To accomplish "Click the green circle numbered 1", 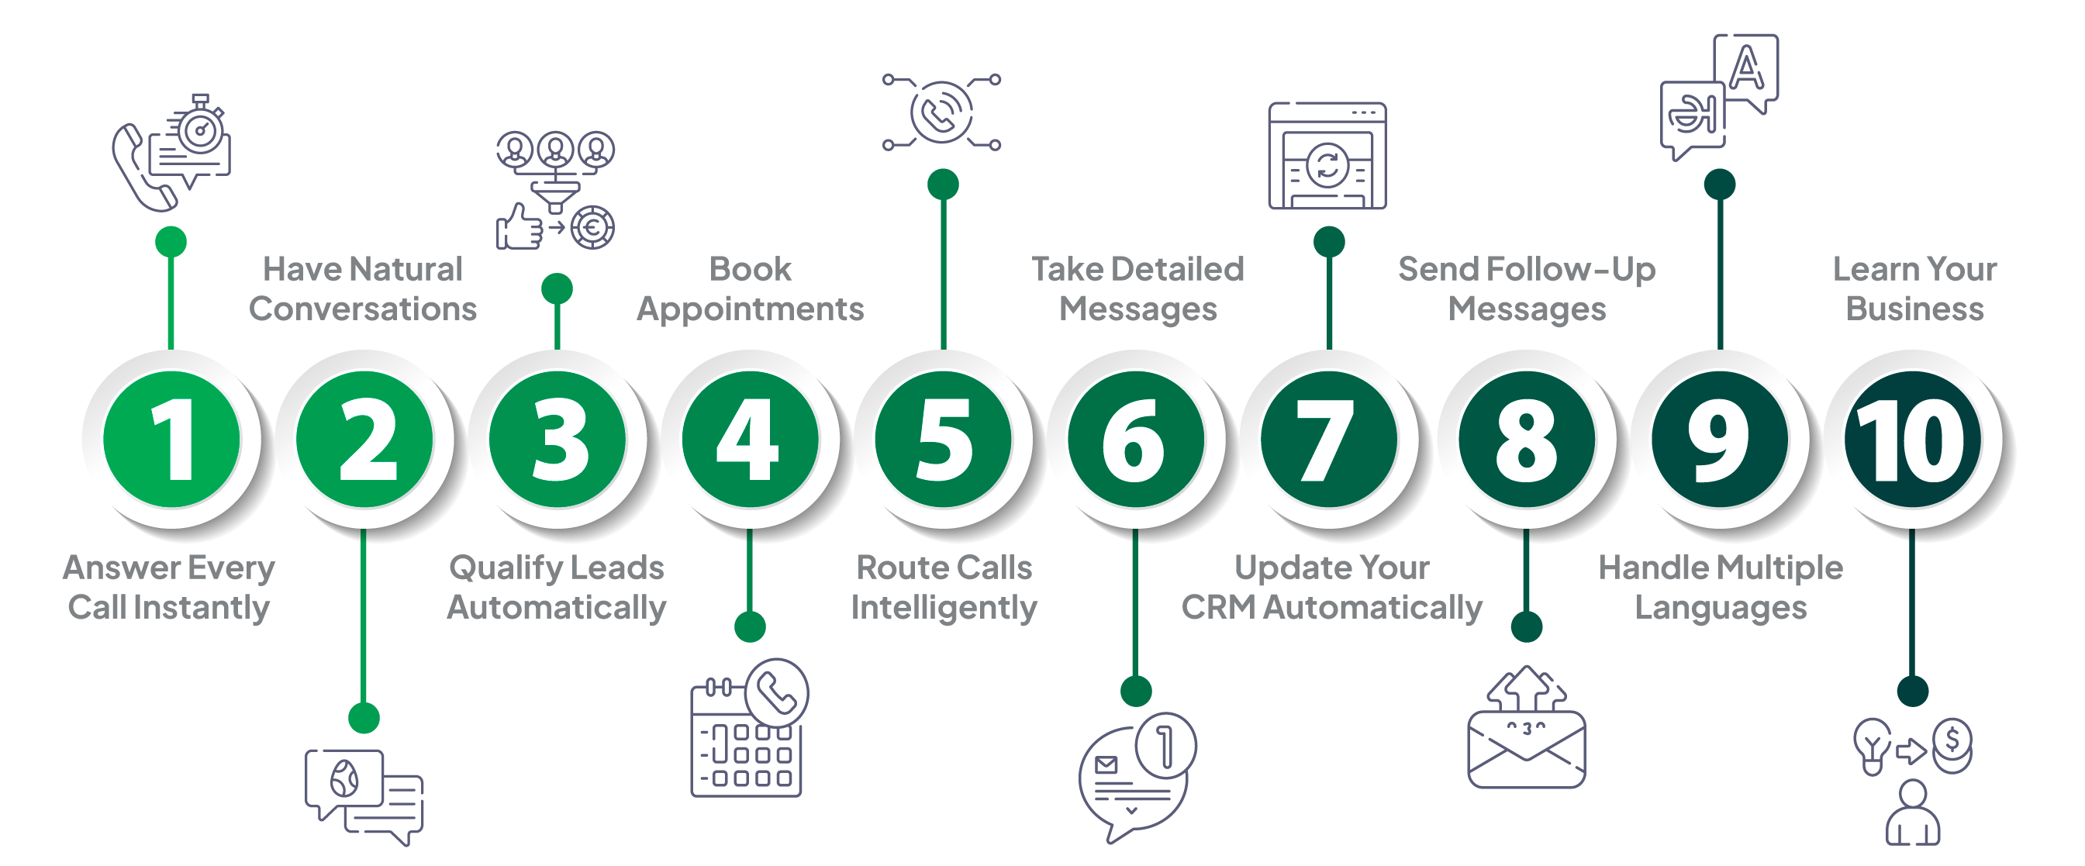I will point(171,440).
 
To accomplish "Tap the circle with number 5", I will point(943,440).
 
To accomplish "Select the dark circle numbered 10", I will point(1912,440).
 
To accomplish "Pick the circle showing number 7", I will point(1328,440).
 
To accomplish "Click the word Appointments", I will point(750,310).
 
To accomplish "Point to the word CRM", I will point(1217,608).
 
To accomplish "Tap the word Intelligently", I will point(944,608).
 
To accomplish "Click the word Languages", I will point(1721,608).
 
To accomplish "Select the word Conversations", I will point(363,309).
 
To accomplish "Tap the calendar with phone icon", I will point(748,729).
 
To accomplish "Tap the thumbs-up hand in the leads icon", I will point(519,226).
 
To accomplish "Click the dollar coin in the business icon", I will point(1952,740).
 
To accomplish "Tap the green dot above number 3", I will point(557,289).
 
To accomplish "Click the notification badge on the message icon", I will point(1165,743).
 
